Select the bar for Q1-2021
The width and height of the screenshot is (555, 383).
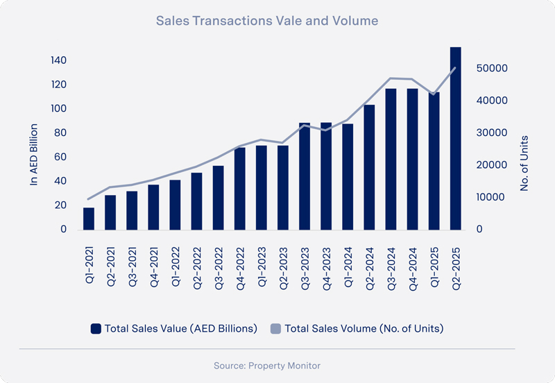(x=88, y=219)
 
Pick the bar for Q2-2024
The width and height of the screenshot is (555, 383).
(x=369, y=167)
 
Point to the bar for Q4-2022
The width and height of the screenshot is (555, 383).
(x=239, y=188)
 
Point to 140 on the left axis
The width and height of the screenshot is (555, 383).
(x=58, y=61)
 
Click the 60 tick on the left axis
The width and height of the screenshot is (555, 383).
(x=61, y=157)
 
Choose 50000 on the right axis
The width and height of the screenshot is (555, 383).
(x=492, y=69)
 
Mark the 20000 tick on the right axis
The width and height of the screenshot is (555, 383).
(x=492, y=165)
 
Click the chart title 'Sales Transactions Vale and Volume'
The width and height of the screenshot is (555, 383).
(x=267, y=21)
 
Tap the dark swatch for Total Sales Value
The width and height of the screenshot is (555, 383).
(x=96, y=328)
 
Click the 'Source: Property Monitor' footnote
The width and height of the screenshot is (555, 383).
(x=267, y=365)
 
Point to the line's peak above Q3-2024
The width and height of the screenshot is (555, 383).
(x=391, y=78)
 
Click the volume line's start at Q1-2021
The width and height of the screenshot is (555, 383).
(x=88, y=199)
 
